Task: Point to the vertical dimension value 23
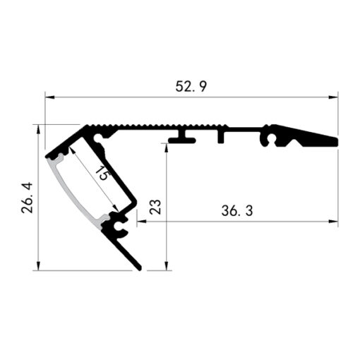click(156, 207)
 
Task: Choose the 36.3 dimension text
click(237, 210)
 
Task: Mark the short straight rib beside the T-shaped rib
click(221, 136)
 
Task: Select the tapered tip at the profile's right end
click(332, 141)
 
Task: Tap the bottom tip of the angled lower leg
click(138, 268)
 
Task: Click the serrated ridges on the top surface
click(141, 128)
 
